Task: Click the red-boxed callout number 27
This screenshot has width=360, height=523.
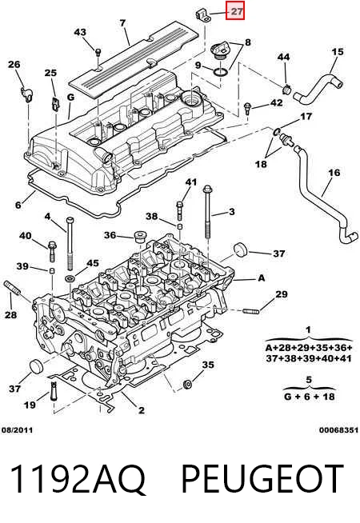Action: (236, 11)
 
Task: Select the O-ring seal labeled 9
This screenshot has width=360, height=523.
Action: (220, 73)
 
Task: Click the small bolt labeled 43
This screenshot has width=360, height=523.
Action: (98, 52)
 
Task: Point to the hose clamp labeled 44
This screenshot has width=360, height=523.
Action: (286, 90)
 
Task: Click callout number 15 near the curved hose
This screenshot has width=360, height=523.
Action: (338, 52)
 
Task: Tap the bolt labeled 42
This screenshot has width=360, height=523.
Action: (247, 108)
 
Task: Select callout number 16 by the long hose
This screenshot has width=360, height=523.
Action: (334, 173)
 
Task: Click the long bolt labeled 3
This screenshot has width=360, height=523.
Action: (208, 211)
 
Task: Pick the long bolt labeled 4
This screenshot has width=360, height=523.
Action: (70, 243)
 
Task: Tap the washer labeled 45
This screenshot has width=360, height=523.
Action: (70, 277)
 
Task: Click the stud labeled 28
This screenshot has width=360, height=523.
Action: (12, 288)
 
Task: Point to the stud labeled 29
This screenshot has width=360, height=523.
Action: (251, 312)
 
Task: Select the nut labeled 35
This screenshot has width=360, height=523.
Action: (187, 384)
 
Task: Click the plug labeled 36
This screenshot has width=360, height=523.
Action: (139, 237)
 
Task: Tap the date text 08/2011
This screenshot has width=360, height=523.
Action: (18, 430)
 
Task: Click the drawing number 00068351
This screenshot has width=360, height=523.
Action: (338, 430)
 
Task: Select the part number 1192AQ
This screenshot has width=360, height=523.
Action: (78, 478)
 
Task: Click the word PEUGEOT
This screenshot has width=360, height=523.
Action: (262, 478)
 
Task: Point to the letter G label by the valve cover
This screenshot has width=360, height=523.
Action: (70, 97)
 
